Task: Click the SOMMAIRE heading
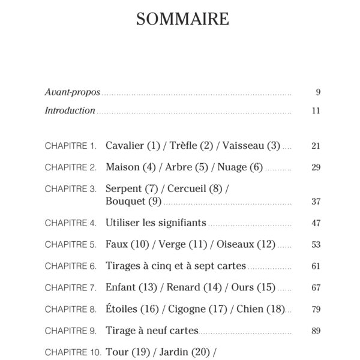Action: [182, 19]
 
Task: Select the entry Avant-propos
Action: [73, 92]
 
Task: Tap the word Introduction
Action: [70, 110]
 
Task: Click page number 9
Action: [317, 92]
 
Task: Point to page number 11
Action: [316, 111]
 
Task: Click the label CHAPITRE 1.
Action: [71, 146]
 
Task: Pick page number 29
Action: [316, 167]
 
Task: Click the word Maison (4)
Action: [128, 167]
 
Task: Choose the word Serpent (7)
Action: [131, 188]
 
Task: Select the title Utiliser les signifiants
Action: [156, 223]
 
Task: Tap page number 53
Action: [316, 245]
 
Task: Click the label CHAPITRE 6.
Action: [71, 266]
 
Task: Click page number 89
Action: [316, 331]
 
